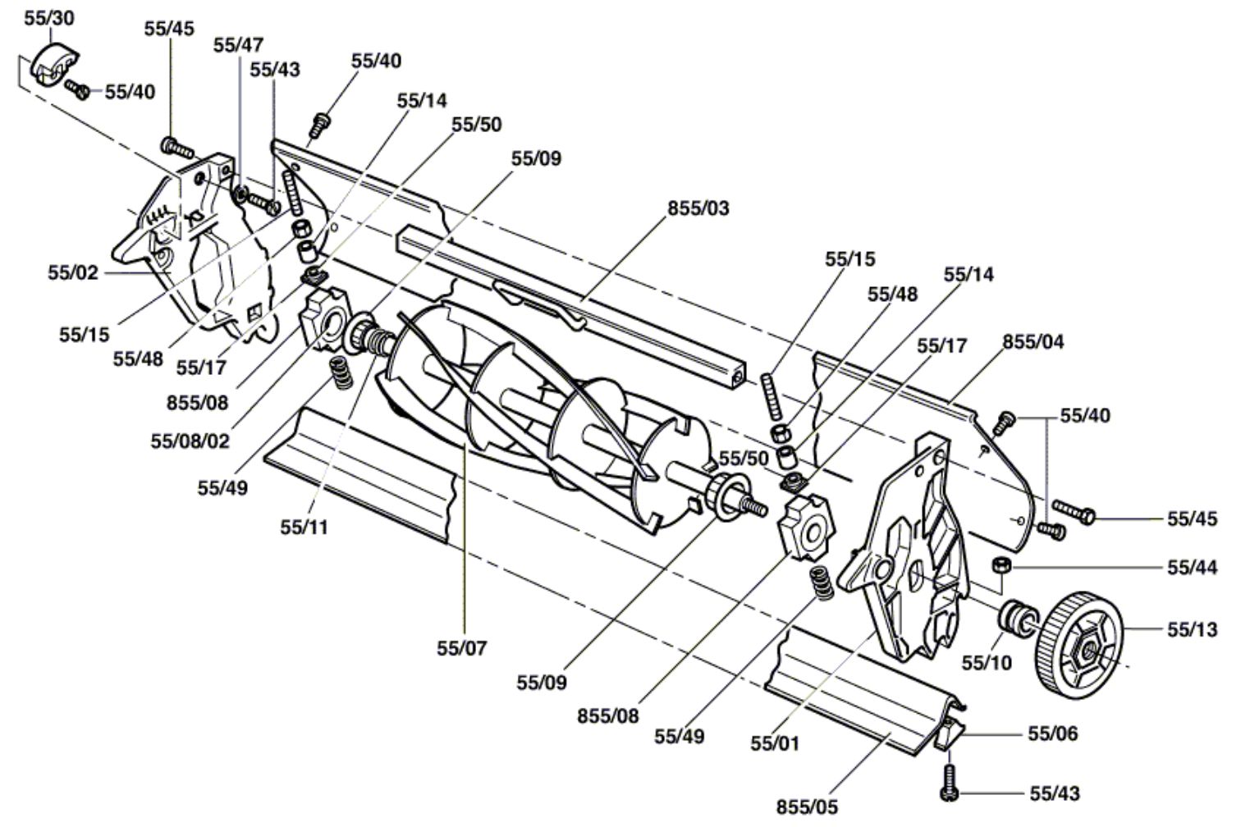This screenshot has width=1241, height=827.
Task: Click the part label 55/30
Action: [48, 18]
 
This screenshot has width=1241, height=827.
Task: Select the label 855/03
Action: [698, 208]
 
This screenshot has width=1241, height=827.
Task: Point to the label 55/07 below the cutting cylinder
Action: [461, 648]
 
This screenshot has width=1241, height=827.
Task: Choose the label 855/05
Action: [807, 807]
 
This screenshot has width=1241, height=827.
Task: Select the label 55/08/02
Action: [190, 441]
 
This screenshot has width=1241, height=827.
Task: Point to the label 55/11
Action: [305, 528]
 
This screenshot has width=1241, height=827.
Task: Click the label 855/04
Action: [1033, 342]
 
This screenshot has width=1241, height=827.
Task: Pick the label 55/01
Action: [775, 743]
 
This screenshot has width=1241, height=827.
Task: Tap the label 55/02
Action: [72, 272]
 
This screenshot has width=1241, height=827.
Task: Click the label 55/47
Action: [238, 45]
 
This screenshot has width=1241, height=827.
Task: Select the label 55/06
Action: [1052, 733]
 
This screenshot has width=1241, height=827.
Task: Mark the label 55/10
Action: [987, 662]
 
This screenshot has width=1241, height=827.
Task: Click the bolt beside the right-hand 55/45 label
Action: [1074, 512]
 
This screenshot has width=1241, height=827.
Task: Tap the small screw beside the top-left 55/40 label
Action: [76, 89]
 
